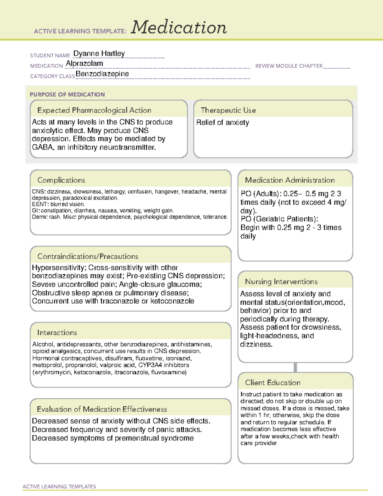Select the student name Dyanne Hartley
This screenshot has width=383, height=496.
(99, 53)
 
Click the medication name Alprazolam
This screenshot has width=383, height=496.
(84, 64)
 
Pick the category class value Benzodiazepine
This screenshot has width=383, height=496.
(102, 74)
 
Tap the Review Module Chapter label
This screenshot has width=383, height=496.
(289, 66)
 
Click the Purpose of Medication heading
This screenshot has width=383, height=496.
(67, 95)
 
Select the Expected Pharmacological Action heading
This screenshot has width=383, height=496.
(94, 110)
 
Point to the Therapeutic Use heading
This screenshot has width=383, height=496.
(228, 110)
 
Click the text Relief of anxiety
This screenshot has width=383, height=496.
(223, 122)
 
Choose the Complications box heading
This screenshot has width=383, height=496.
(61, 180)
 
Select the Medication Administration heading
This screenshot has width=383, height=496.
(290, 180)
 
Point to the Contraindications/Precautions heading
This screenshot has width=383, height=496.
(88, 256)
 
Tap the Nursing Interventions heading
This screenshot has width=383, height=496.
(281, 282)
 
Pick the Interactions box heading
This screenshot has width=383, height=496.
(57, 332)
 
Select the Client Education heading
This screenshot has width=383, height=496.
(273, 383)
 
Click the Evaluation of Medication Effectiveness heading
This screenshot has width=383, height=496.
(102, 409)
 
